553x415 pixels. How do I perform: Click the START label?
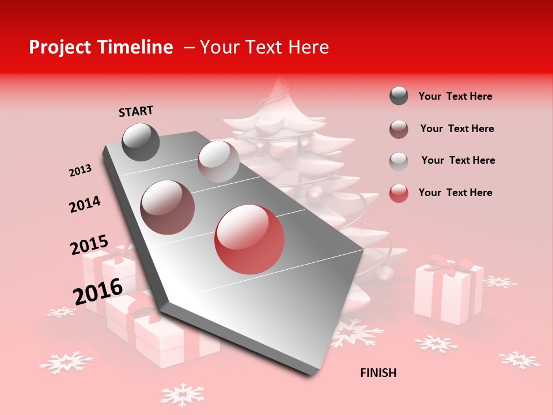coord(136,111)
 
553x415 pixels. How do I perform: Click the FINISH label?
coord(378,373)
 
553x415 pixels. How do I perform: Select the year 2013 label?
coord(81,171)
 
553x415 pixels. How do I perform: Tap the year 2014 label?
coord(85,204)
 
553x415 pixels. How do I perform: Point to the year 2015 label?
coord(89,244)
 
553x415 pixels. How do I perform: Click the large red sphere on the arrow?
coord(249,239)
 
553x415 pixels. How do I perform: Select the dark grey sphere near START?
coord(141,142)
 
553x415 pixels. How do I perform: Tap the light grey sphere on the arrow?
coord(218,161)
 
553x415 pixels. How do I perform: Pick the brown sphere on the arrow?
coord(167,207)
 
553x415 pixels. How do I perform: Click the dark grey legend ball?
coord(399,96)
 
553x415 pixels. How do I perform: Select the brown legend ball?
coord(399,129)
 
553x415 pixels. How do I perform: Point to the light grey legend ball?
coord(399,161)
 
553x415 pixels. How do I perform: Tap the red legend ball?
coord(399,193)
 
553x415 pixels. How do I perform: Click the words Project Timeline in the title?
coord(101,47)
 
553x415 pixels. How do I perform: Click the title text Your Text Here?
coord(264,47)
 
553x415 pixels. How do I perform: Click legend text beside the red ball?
coord(455,193)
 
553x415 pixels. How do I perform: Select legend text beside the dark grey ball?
coord(455,96)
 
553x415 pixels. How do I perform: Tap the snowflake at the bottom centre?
coord(182,394)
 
